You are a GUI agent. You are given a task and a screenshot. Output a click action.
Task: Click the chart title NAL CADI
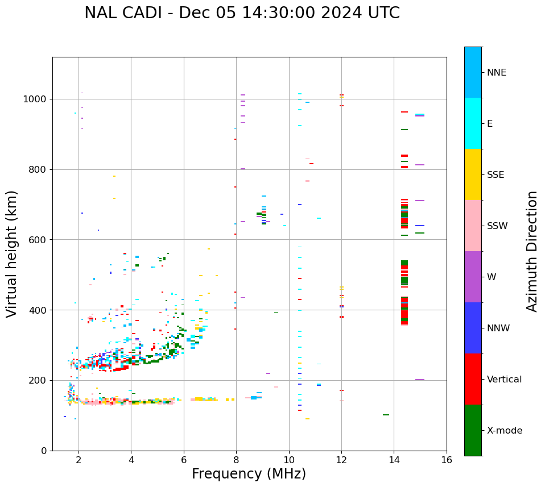[242, 13]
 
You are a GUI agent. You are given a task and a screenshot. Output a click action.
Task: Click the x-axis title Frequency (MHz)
[249, 474]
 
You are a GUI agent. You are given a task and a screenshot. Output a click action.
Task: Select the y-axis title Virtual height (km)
[12, 253]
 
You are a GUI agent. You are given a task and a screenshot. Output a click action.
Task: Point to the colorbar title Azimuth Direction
[532, 251]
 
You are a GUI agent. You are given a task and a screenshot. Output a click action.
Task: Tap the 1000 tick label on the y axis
[35, 99]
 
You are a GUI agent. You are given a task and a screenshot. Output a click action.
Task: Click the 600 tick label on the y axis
[38, 240]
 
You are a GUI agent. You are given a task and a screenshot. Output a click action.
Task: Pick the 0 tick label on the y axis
[43, 451]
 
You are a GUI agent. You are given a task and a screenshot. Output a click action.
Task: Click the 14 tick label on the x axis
[394, 460]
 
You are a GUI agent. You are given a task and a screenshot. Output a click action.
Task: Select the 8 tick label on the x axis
[236, 460]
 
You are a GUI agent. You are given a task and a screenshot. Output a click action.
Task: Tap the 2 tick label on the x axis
[79, 460]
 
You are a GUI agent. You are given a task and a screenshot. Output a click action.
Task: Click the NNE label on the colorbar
[497, 73]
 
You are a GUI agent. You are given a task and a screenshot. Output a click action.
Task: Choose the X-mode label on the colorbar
[505, 431]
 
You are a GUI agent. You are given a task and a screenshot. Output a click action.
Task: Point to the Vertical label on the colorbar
[504, 380]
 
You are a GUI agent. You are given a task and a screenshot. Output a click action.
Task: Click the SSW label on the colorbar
[497, 226]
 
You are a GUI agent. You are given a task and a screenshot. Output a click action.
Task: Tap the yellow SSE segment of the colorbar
[473, 174]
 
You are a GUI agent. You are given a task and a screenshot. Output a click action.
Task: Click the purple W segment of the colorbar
[473, 277]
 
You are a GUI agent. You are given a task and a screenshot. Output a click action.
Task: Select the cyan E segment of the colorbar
[473, 123]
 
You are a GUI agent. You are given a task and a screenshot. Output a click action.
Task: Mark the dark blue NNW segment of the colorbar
[473, 328]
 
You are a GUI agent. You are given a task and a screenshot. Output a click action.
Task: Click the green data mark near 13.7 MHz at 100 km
[386, 415]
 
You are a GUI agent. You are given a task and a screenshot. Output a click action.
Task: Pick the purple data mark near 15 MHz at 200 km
[420, 380]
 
